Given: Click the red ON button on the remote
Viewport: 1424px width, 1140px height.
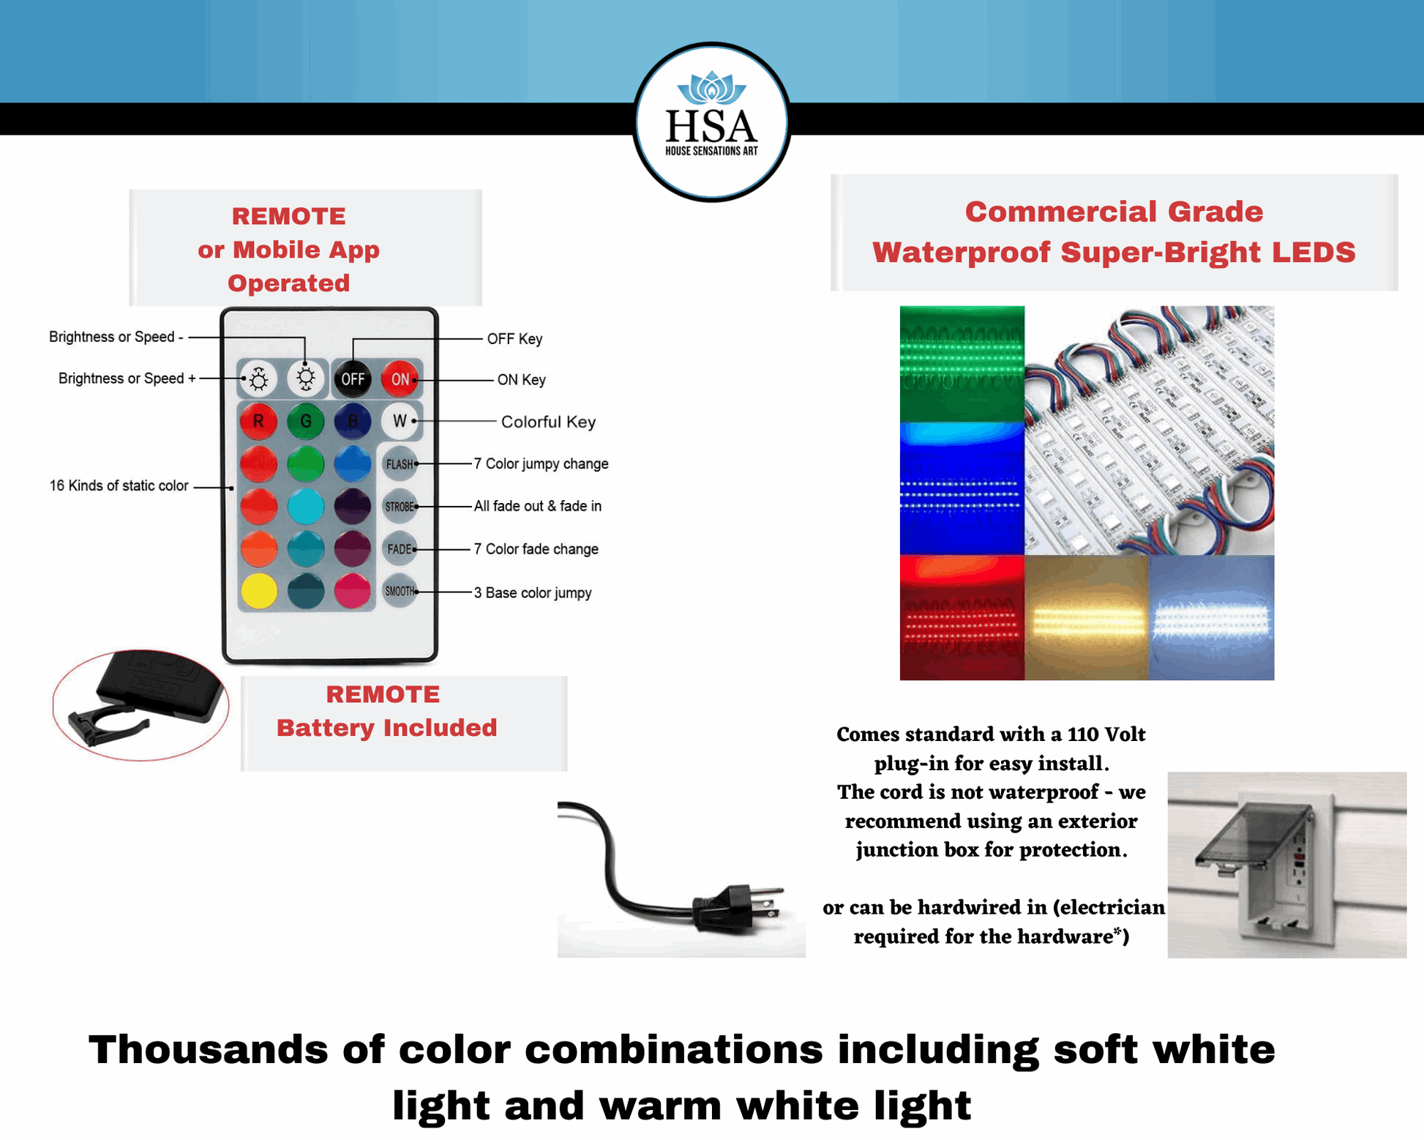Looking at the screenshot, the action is (x=400, y=379).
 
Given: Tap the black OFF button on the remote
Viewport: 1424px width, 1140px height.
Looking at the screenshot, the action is (x=353, y=379).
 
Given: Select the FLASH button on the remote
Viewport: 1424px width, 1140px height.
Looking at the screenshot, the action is (x=400, y=464).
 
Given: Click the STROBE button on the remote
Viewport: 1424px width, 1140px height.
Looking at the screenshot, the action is (x=400, y=507).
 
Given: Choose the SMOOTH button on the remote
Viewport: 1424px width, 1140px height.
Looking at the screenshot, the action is (x=400, y=592).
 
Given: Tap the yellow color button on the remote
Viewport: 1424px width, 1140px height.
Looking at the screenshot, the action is (x=259, y=591).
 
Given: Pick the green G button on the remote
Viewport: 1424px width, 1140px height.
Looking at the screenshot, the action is (x=306, y=421).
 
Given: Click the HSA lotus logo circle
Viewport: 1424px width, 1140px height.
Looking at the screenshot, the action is (x=711, y=122).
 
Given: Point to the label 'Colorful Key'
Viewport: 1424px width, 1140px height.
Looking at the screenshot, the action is (x=548, y=422).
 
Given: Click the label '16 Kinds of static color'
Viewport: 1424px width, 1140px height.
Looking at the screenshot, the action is (x=119, y=485).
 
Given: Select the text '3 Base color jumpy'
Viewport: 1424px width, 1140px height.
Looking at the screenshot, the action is (x=533, y=592).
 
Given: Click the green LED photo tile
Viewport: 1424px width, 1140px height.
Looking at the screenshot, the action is (x=962, y=363).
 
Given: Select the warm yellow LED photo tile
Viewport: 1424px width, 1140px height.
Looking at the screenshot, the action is (x=1087, y=617).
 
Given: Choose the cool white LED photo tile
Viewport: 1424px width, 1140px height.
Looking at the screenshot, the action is (x=1212, y=617).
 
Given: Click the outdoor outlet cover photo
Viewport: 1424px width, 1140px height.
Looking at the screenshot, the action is (x=1286, y=865).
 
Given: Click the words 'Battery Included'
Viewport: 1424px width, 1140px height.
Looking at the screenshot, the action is (x=386, y=728).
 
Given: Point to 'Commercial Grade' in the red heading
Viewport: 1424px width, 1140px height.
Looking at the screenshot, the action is (x=1114, y=212).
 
